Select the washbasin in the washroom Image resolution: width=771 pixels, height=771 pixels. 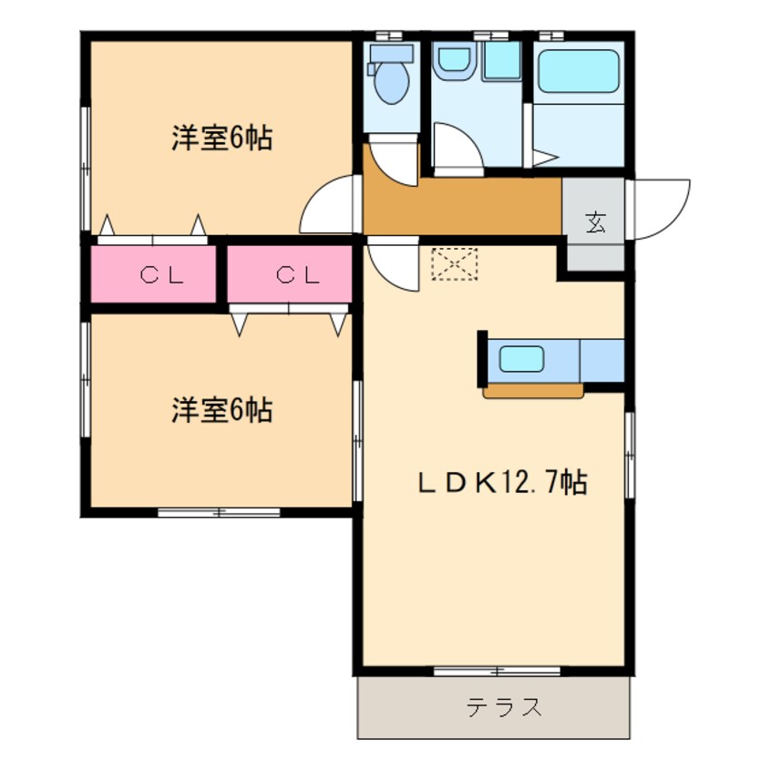pos(451,62)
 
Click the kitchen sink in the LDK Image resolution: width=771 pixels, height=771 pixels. pos(520,358)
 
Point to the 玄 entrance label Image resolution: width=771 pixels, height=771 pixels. pos(595,221)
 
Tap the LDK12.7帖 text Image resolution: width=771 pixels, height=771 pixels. pos(501,482)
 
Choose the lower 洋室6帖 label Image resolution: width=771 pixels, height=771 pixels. pos(221,411)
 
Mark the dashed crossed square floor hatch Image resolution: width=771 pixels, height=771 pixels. pos(453,264)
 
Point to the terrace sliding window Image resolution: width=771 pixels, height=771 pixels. pos(496,672)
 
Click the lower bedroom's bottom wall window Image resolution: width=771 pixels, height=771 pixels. pos(219,512)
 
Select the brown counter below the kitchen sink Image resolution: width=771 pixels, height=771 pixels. pos(533,392)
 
